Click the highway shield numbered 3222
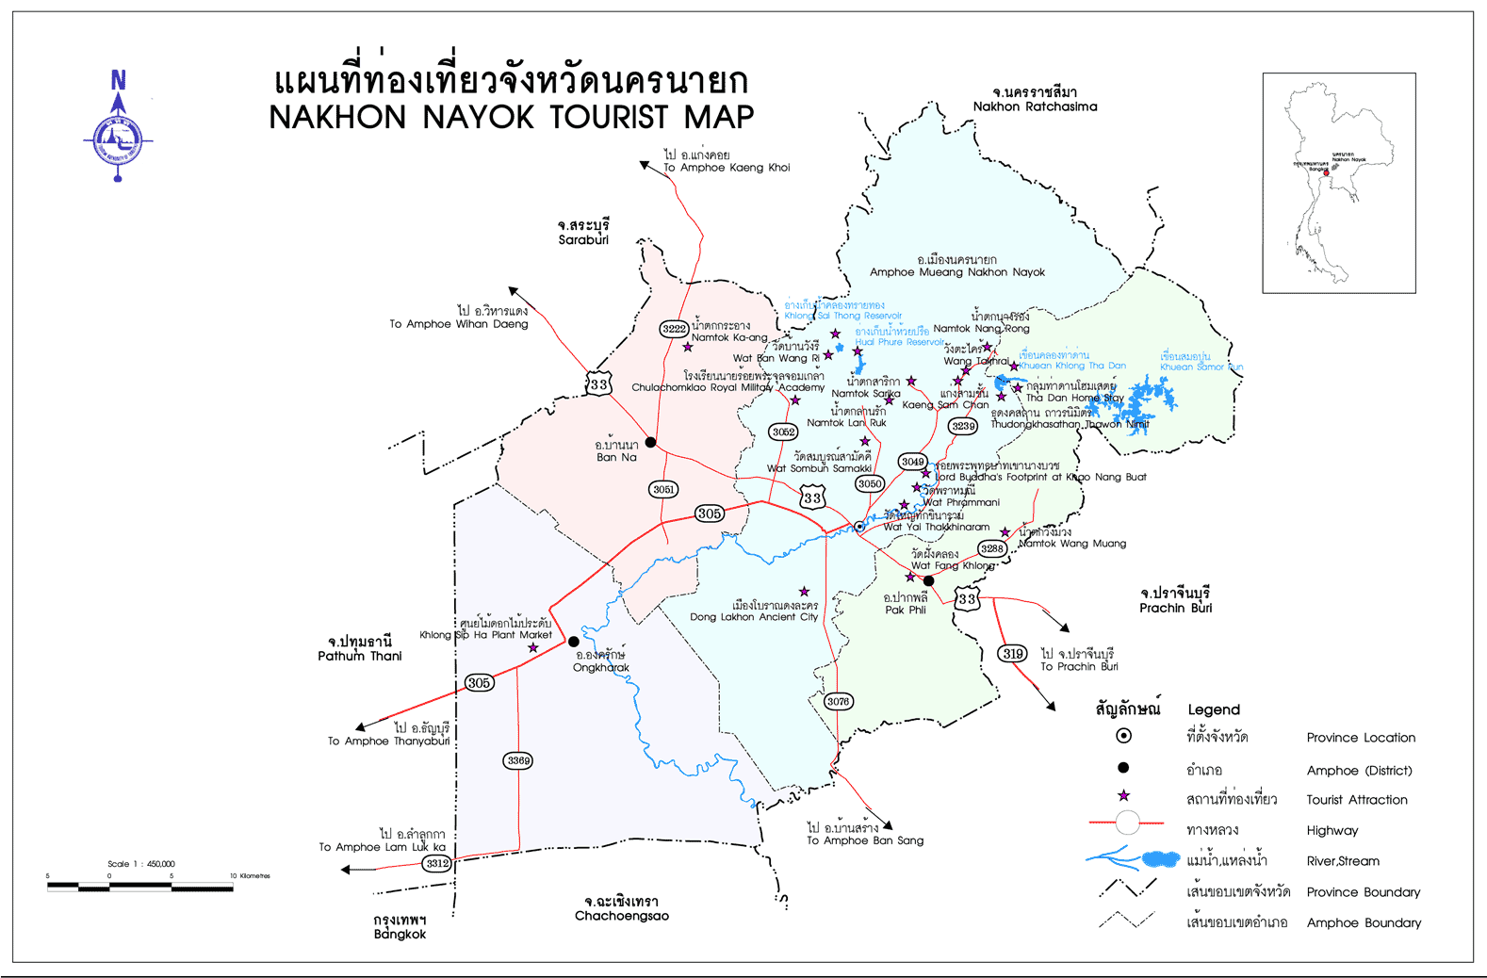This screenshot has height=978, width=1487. [x=674, y=329]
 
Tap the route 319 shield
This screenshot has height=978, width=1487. [x=1013, y=654]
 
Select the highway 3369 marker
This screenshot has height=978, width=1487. [x=518, y=760]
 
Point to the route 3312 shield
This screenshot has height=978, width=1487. [x=436, y=863]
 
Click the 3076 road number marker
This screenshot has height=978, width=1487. [x=838, y=701]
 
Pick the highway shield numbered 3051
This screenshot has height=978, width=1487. [x=663, y=489]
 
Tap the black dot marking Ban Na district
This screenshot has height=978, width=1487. [x=650, y=442]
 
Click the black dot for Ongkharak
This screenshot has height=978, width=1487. [x=574, y=642]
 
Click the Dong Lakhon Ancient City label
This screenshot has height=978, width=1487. [x=754, y=617]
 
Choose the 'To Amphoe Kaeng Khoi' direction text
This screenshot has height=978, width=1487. [x=727, y=168]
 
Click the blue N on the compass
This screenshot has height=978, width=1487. [x=119, y=80]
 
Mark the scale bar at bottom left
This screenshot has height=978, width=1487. [x=140, y=886]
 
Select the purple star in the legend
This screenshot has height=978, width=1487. [x=1123, y=796]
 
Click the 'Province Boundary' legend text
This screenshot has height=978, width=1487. [x=1363, y=892]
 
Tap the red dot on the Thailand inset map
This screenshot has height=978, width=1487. [x=1326, y=173]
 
